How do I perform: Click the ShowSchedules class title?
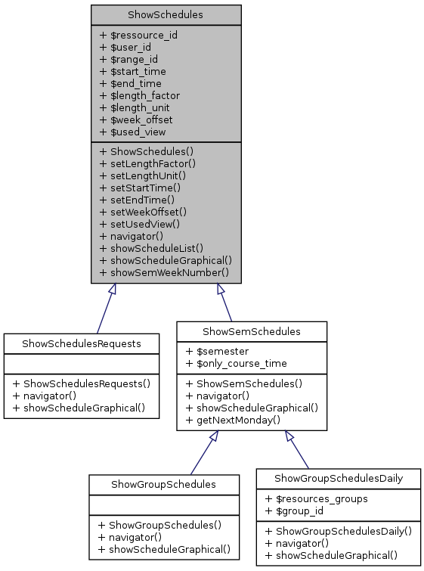point(166,14)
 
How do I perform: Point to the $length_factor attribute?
point(140,95)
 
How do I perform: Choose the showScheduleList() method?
point(151,247)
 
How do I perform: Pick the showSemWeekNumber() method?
point(164,272)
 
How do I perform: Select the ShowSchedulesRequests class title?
point(82,344)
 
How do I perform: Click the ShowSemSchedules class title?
point(252,331)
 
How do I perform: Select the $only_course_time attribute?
point(236,364)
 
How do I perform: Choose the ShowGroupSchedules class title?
point(163,484)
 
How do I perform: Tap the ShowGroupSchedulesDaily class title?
point(338,478)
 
